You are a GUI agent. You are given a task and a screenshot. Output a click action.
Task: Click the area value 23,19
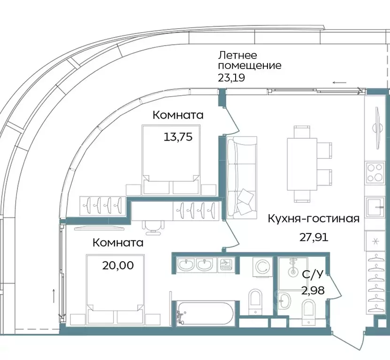tap(232, 78)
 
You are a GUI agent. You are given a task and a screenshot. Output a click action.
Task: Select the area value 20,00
tap(118, 265)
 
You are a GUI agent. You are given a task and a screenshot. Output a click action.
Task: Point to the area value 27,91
tap(314, 237)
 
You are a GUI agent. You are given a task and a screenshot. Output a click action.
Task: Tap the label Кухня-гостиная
tap(314, 218)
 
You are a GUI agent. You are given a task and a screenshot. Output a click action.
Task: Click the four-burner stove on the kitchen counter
tap(375, 172)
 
